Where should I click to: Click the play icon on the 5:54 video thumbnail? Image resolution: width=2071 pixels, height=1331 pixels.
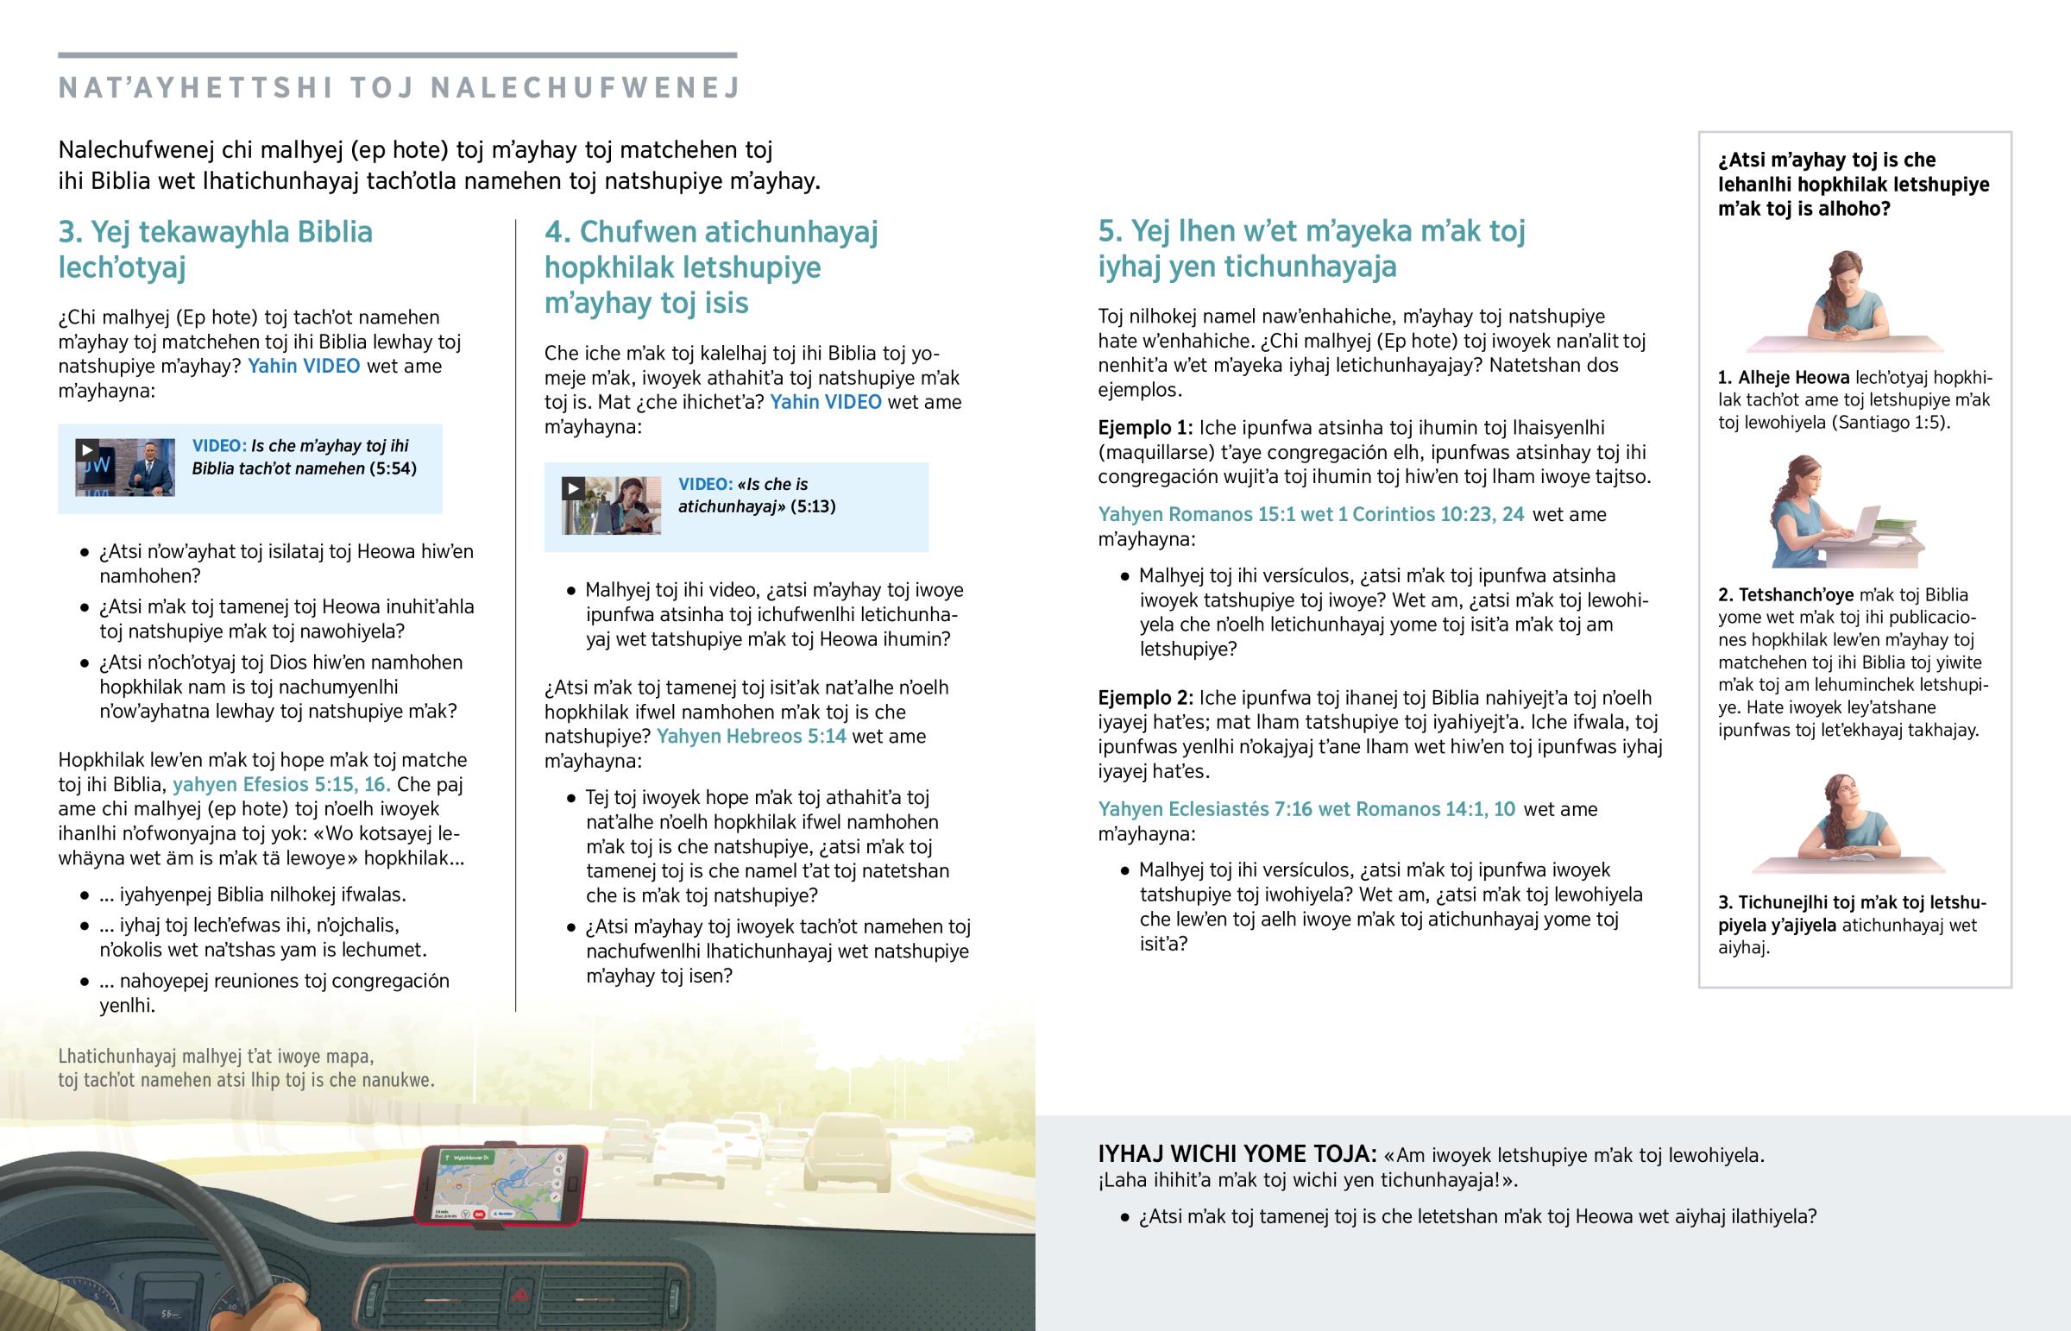86,449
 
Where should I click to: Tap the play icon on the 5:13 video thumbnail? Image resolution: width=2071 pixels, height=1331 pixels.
572,488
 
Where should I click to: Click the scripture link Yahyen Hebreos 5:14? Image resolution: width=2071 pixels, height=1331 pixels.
751,737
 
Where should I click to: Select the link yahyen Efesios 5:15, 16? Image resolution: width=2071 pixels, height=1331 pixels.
281,785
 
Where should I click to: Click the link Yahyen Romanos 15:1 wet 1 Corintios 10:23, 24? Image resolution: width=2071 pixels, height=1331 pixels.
1311,514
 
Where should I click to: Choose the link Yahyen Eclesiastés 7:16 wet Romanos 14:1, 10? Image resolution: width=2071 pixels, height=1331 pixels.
1306,809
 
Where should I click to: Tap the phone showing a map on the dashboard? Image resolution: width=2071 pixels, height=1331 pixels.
500,1184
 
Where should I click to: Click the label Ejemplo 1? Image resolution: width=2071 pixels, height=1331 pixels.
1144,428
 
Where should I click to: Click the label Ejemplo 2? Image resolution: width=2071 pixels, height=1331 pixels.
1144,698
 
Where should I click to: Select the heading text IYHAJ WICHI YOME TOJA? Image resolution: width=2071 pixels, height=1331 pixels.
1236,1154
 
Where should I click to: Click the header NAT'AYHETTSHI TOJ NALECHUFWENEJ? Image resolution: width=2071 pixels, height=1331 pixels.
400,88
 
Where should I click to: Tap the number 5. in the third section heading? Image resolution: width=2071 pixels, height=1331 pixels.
1110,231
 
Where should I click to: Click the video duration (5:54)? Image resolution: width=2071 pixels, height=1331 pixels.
393,468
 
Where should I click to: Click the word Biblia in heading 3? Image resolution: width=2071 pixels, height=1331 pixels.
336,232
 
